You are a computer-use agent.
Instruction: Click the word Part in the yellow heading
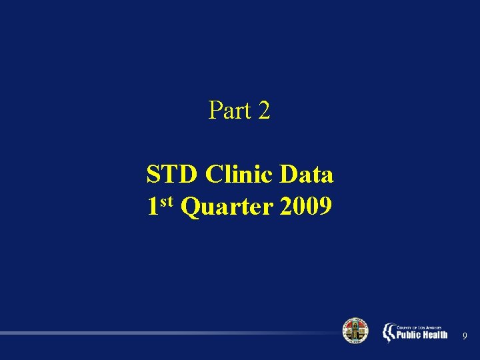click(x=229, y=110)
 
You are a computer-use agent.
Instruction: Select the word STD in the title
click(x=172, y=175)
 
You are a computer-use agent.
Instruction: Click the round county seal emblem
click(x=355, y=331)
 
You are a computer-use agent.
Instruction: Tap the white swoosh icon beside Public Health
click(x=388, y=333)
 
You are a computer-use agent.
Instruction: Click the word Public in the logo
click(x=409, y=335)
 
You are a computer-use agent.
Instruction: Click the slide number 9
click(x=464, y=335)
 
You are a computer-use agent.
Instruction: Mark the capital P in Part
click(x=215, y=110)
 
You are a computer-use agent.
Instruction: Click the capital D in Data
click(x=289, y=175)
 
